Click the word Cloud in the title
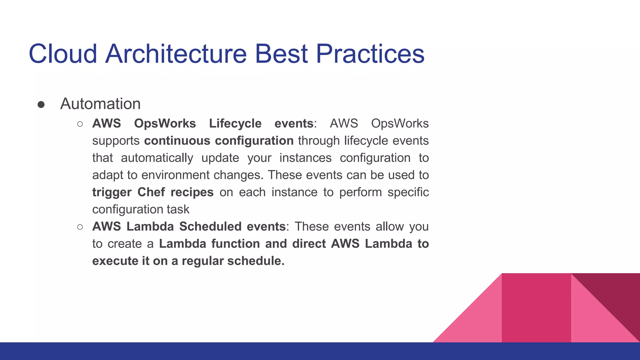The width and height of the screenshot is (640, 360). (x=63, y=54)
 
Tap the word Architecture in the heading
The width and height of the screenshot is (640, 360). (x=176, y=54)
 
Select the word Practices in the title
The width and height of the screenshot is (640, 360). (x=370, y=54)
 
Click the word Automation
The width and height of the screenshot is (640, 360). (x=100, y=104)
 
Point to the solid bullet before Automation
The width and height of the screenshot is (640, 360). (x=41, y=104)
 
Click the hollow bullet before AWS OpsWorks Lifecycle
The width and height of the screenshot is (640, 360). (x=80, y=124)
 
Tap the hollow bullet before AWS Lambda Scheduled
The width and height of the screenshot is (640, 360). (x=80, y=227)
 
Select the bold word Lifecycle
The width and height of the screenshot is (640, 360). (x=235, y=123)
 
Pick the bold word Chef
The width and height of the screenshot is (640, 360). (x=151, y=192)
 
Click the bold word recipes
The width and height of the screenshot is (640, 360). (x=192, y=192)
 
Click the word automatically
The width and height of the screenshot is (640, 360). (x=157, y=158)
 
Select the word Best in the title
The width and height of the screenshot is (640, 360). (x=281, y=54)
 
